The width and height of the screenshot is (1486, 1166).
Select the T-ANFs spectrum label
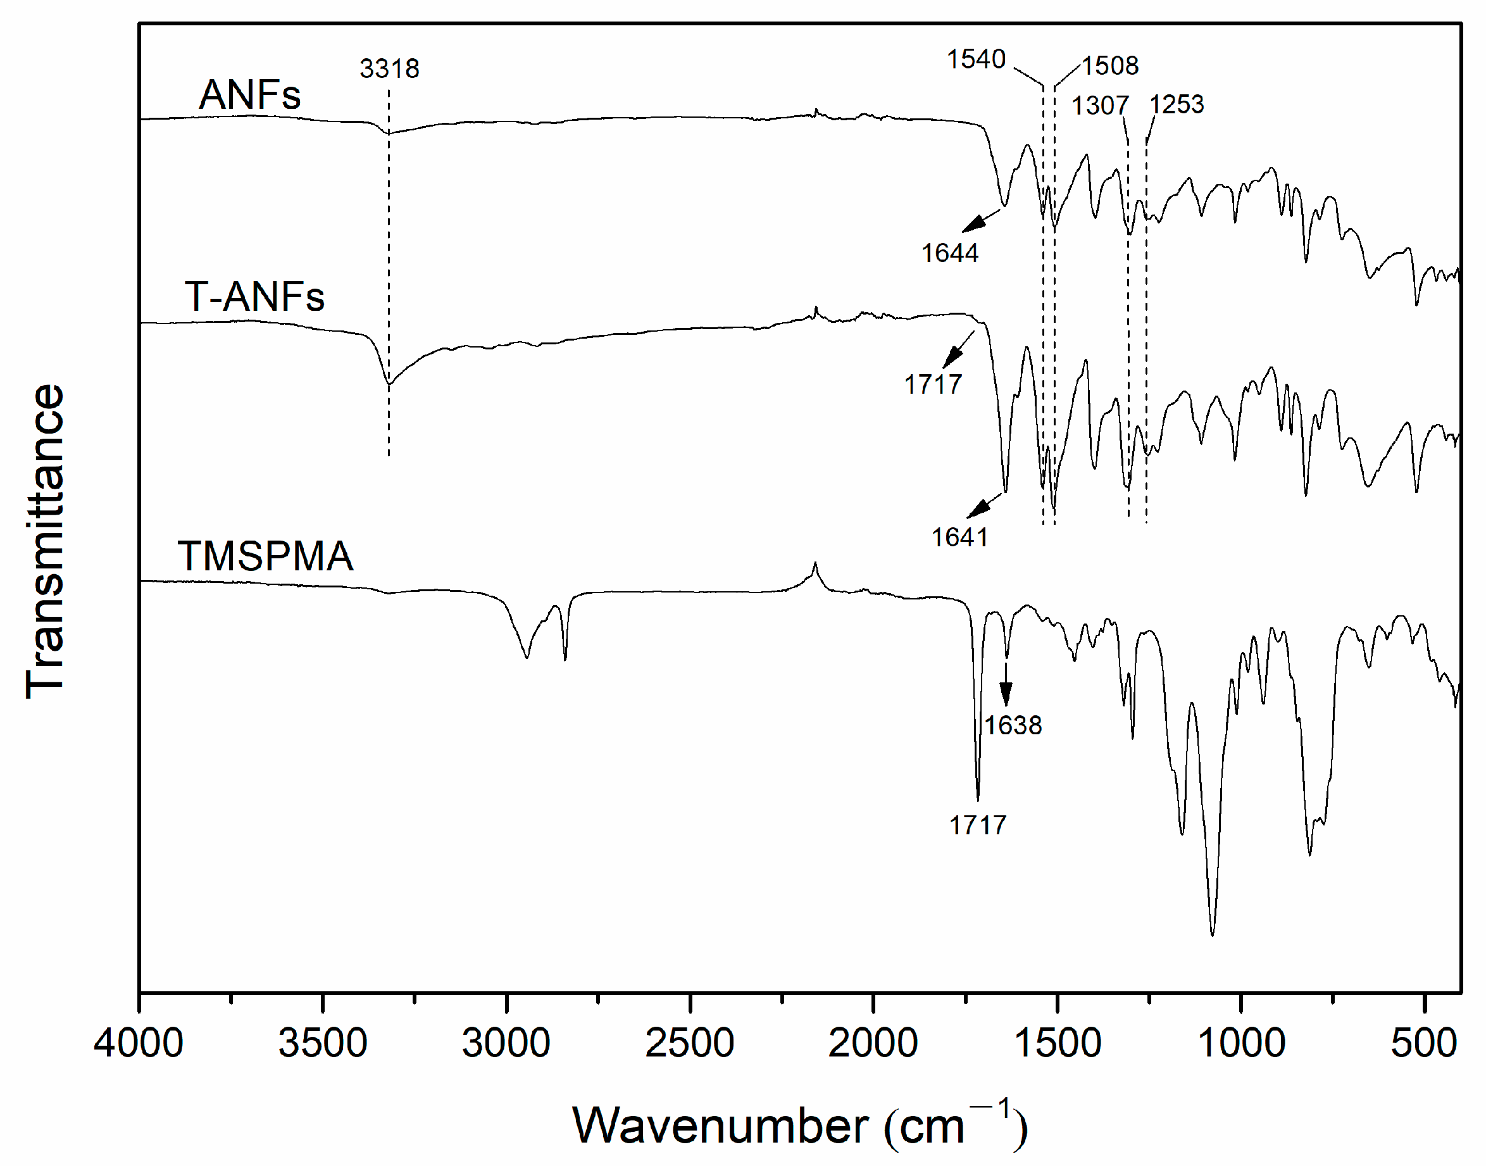(x=254, y=297)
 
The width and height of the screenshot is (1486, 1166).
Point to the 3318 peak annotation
(x=389, y=68)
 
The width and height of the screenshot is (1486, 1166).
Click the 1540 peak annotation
(x=975, y=60)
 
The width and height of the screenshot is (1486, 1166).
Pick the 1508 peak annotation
(x=1110, y=66)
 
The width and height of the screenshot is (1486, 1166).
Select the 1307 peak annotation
(x=1100, y=105)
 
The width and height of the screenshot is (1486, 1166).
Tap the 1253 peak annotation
(x=1176, y=104)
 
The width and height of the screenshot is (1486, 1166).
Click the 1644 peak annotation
(x=949, y=253)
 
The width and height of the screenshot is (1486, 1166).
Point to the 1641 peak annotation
(x=959, y=537)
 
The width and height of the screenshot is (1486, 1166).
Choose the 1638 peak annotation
(x=1013, y=725)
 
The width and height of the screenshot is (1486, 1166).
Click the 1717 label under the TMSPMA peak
(x=977, y=825)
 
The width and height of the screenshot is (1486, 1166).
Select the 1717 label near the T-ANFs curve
(x=932, y=384)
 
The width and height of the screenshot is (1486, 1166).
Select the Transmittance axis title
(x=46, y=541)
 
